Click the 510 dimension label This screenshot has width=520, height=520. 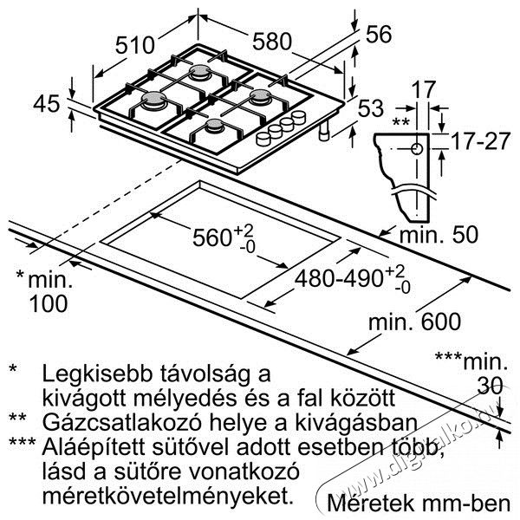click(135, 45)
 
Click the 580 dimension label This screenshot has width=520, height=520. click(272, 42)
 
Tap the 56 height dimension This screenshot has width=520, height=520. click(379, 35)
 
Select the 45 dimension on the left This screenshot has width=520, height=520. click(47, 103)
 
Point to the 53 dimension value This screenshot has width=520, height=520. click(371, 108)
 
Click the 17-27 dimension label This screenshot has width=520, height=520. click(480, 140)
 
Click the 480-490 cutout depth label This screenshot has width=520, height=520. click(339, 278)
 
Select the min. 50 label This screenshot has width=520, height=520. click(439, 235)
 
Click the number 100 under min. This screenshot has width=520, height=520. click(49, 303)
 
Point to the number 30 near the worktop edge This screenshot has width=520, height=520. click(490, 386)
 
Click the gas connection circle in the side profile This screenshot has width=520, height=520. click(417, 149)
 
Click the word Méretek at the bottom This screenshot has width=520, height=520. click(371, 504)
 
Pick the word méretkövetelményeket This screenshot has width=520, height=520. click(168, 496)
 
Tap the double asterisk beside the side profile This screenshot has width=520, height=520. click(401, 122)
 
